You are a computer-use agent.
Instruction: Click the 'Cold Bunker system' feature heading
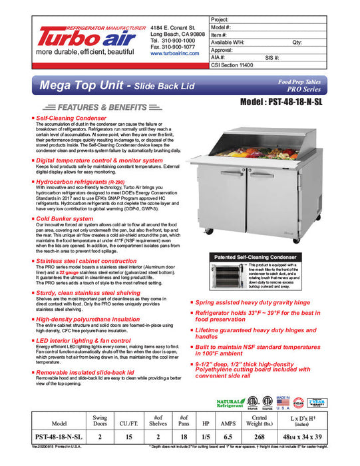tap(65, 218)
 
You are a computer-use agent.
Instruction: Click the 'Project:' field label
tap(220, 20)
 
